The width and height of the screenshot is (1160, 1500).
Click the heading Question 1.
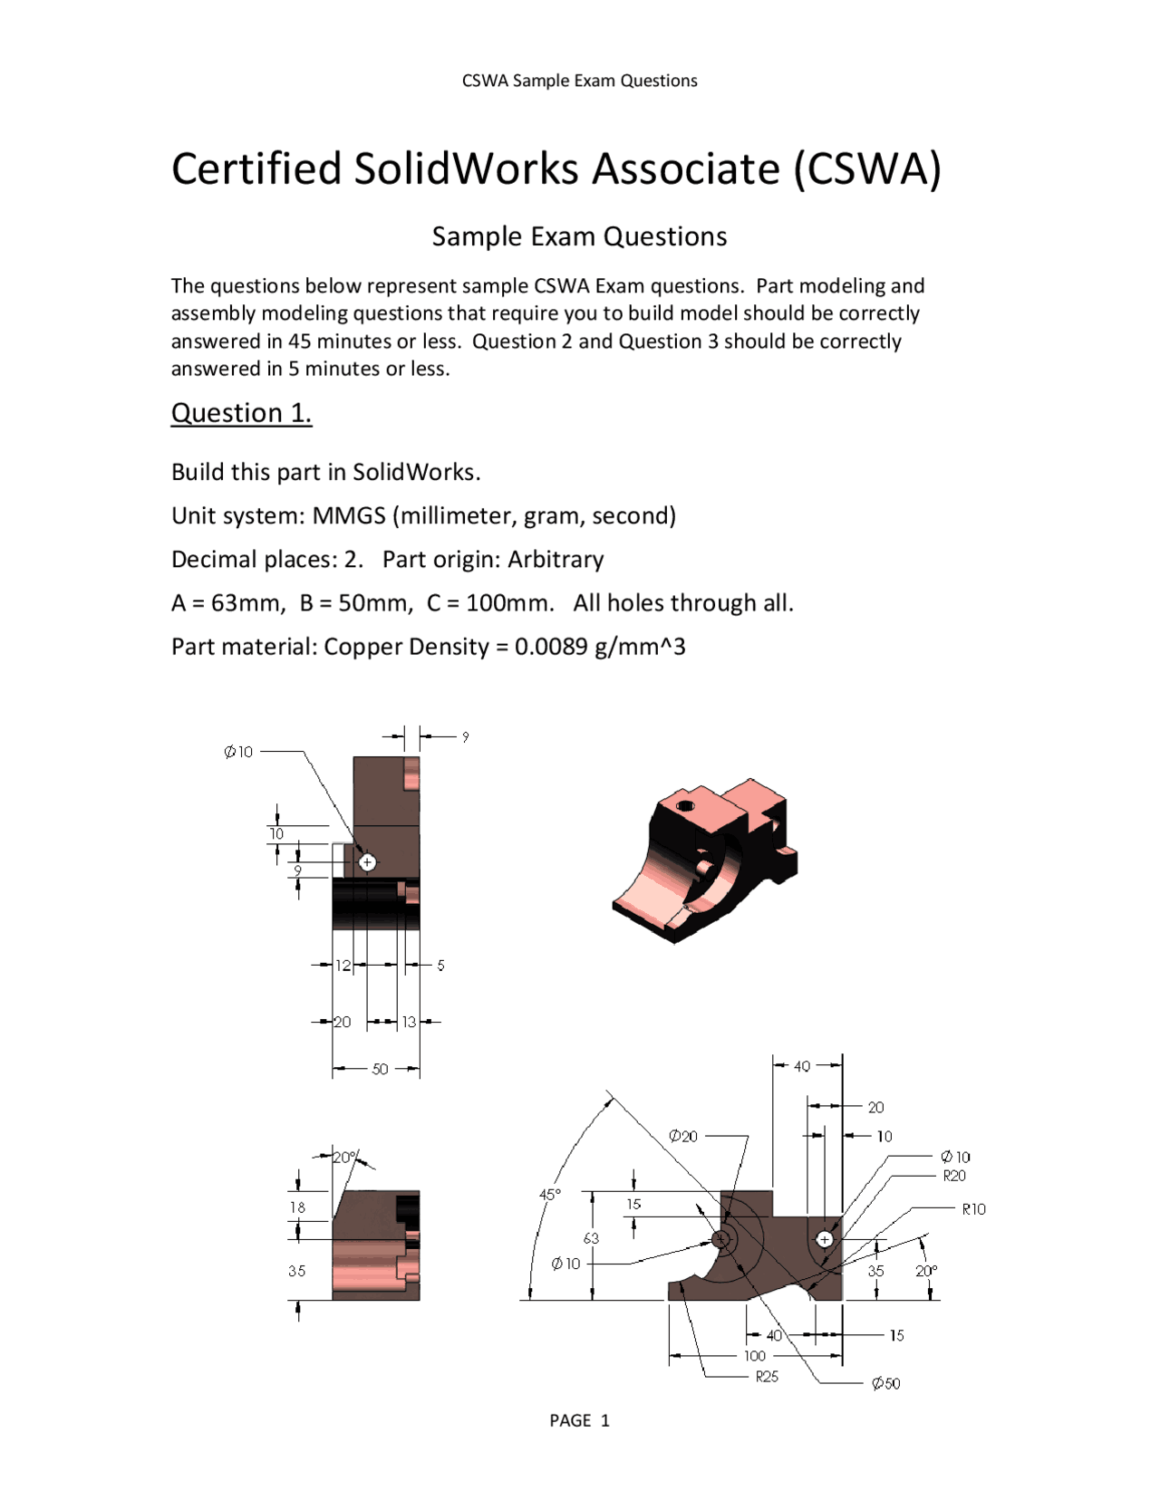tap(241, 413)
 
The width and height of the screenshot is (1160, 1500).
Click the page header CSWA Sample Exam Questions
tap(579, 81)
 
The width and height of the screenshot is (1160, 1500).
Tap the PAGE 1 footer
tap(579, 1420)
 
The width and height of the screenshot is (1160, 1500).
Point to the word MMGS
tap(348, 515)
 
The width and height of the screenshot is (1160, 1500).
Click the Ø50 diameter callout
tap(885, 1383)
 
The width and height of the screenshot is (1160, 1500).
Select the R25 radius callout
tap(767, 1376)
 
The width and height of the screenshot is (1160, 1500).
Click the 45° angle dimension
tap(550, 1195)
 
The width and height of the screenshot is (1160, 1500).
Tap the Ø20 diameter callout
tap(683, 1136)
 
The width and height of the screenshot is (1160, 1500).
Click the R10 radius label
tap(973, 1209)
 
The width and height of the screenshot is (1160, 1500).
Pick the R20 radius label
tap(954, 1176)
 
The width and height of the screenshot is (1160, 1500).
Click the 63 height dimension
tap(591, 1238)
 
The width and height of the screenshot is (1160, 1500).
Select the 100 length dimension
tap(755, 1356)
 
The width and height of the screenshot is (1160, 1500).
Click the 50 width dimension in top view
tap(380, 1069)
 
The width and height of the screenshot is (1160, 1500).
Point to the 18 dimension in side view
tap(297, 1207)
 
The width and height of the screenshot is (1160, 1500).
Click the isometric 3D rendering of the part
tap(705, 860)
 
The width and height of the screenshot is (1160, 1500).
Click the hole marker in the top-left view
tap(367, 862)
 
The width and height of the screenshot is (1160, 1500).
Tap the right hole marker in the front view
tap(824, 1239)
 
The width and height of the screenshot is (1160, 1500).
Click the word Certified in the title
tap(256, 169)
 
